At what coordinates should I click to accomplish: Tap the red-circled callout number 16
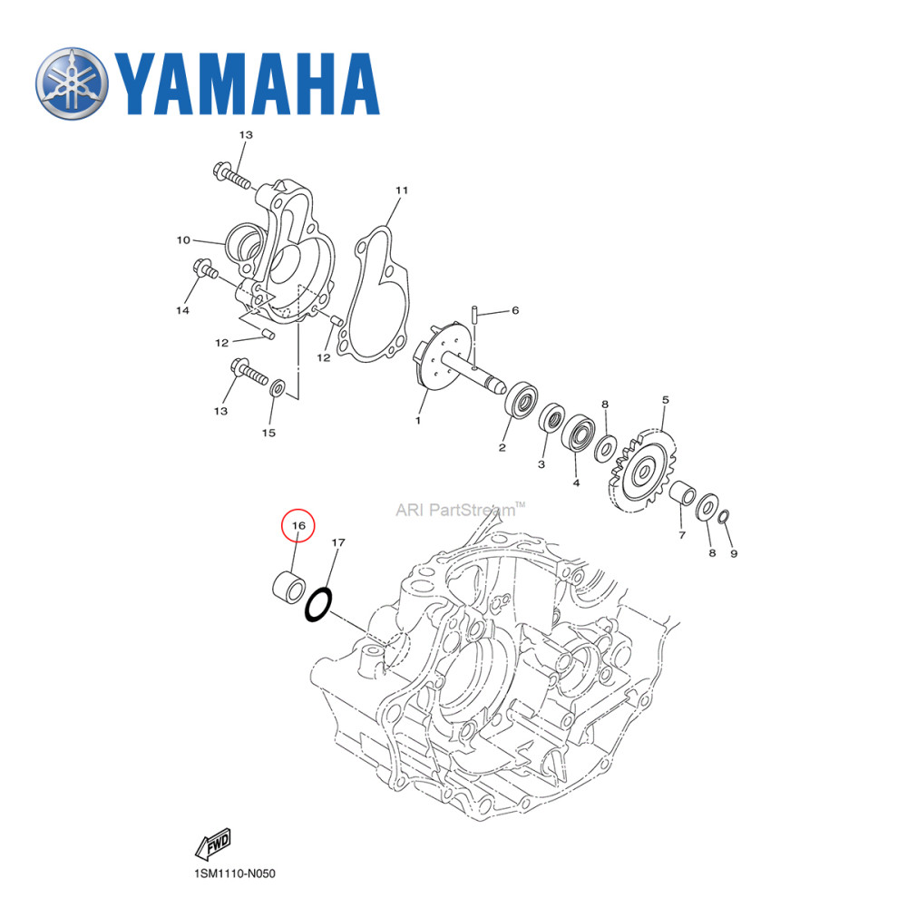(298, 525)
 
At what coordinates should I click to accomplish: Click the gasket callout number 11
(401, 190)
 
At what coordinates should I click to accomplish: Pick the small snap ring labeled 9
(724, 517)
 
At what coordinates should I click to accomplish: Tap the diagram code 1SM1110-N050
(234, 874)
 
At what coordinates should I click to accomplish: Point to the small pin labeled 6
(475, 316)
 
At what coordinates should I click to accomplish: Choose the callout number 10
(182, 240)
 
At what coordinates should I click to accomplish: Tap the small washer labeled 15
(279, 388)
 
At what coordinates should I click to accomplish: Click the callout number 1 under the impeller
(418, 420)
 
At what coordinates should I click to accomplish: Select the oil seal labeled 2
(522, 399)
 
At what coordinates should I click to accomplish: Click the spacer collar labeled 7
(682, 495)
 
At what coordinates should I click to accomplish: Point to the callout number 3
(541, 464)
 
